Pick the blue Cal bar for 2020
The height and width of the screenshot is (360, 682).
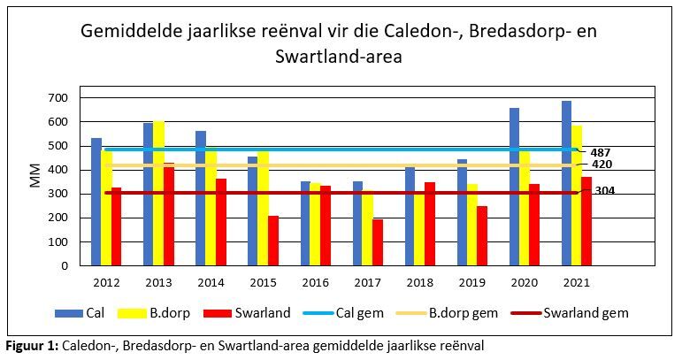tap(514, 187)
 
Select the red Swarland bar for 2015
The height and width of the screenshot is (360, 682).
tap(273, 241)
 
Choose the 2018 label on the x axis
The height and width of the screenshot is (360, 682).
tap(420, 282)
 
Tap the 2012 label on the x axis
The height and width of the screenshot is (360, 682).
tap(105, 282)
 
